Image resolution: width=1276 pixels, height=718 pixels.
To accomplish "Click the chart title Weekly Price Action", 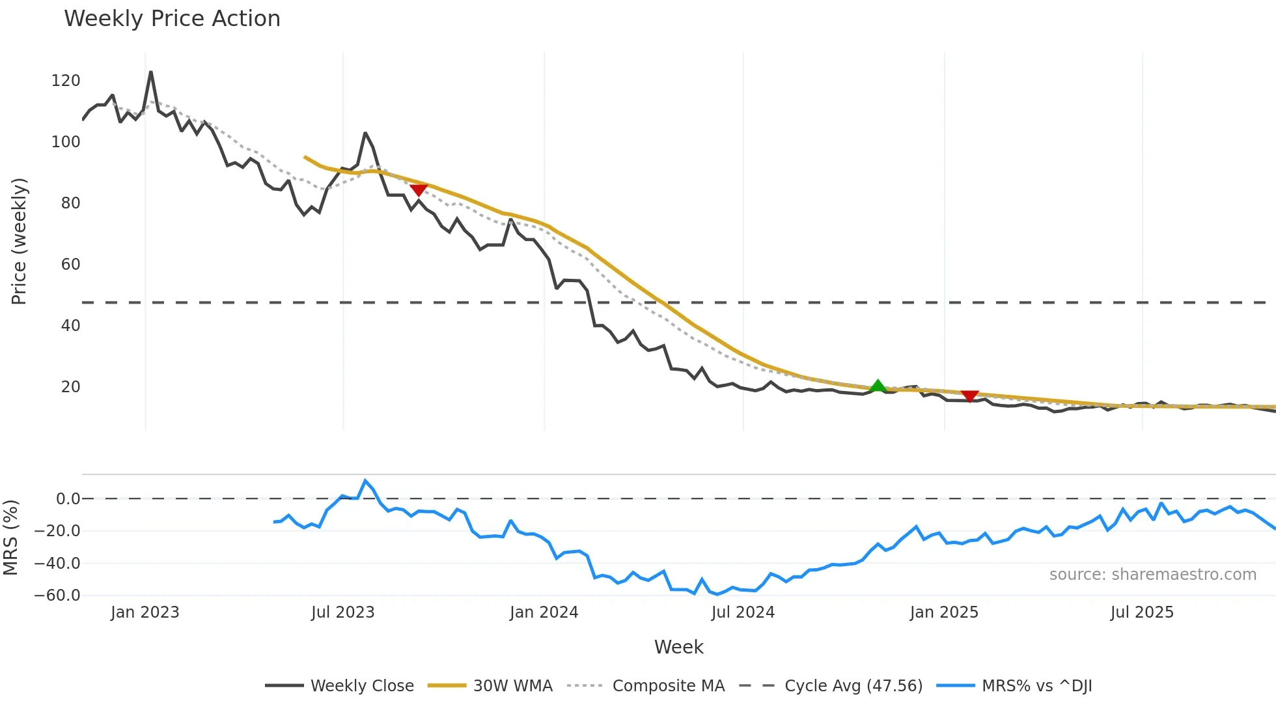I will (x=172, y=19).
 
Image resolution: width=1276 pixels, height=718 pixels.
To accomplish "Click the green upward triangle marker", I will (x=878, y=386).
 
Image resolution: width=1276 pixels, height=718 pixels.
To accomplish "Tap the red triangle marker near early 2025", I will (x=969, y=396).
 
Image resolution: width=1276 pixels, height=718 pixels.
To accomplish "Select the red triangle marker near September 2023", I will (x=419, y=190).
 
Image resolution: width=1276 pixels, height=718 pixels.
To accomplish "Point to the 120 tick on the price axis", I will (x=65, y=81).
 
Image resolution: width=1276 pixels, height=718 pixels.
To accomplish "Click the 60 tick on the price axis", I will (x=70, y=265).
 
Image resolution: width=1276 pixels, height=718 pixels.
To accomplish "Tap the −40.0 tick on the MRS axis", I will (x=57, y=563).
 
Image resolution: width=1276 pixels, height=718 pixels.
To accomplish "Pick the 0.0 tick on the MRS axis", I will (x=68, y=499).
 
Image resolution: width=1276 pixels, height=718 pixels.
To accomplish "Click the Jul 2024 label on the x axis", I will (x=743, y=612).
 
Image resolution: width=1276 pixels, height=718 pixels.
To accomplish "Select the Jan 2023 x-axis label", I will (x=145, y=612).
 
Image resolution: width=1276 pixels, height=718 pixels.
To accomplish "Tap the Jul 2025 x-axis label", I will (x=1142, y=612).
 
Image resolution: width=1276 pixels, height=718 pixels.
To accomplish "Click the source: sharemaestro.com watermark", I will (x=1152, y=575).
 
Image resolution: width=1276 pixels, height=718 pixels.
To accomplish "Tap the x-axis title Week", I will (x=678, y=647).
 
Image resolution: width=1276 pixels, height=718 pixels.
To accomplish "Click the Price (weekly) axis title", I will (x=19, y=241).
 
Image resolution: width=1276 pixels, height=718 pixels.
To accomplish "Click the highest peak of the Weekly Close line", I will (x=150, y=72).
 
